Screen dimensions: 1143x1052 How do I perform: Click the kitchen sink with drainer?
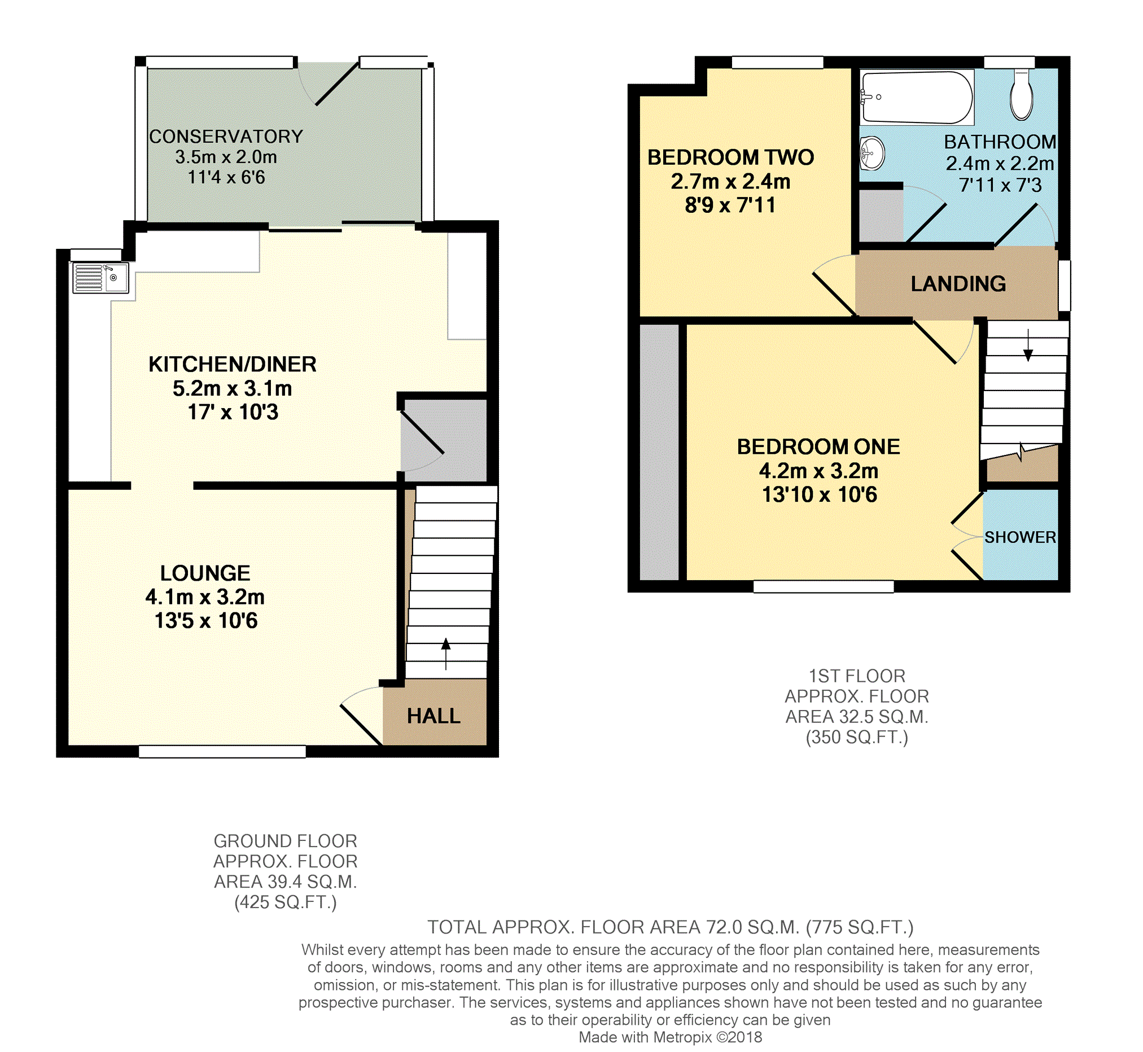click(x=100, y=277)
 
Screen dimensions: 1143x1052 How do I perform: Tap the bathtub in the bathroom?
click(x=917, y=97)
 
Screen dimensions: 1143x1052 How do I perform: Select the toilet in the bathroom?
click(x=1022, y=94)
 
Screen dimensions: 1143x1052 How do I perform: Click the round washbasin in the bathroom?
click(x=872, y=153)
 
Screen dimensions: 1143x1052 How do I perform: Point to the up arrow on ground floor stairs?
click(x=446, y=654)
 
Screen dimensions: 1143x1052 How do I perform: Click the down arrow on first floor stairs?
click(x=1028, y=345)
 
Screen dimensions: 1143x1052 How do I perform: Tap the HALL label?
click(x=433, y=716)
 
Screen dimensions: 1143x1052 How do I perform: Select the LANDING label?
click(x=958, y=283)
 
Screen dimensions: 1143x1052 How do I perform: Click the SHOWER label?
click(x=1020, y=537)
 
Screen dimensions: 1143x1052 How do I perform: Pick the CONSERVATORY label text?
click(x=226, y=137)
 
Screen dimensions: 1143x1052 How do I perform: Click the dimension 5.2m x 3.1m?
click(x=232, y=388)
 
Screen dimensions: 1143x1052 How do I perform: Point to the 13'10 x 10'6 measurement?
click(x=819, y=495)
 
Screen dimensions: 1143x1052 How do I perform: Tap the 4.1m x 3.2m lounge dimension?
click(x=205, y=597)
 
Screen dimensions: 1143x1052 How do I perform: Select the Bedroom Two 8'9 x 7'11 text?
click(x=730, y=205)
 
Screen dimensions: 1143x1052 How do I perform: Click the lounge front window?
click(x=222, y=752)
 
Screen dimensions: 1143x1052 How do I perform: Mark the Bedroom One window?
click(x=823, y=586)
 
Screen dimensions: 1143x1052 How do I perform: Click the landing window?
click(x=1065, y=286)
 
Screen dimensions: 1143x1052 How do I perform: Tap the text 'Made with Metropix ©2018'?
click(x=670, y=1037)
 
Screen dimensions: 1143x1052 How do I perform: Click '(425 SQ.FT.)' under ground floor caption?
click(x=286, y=902)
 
